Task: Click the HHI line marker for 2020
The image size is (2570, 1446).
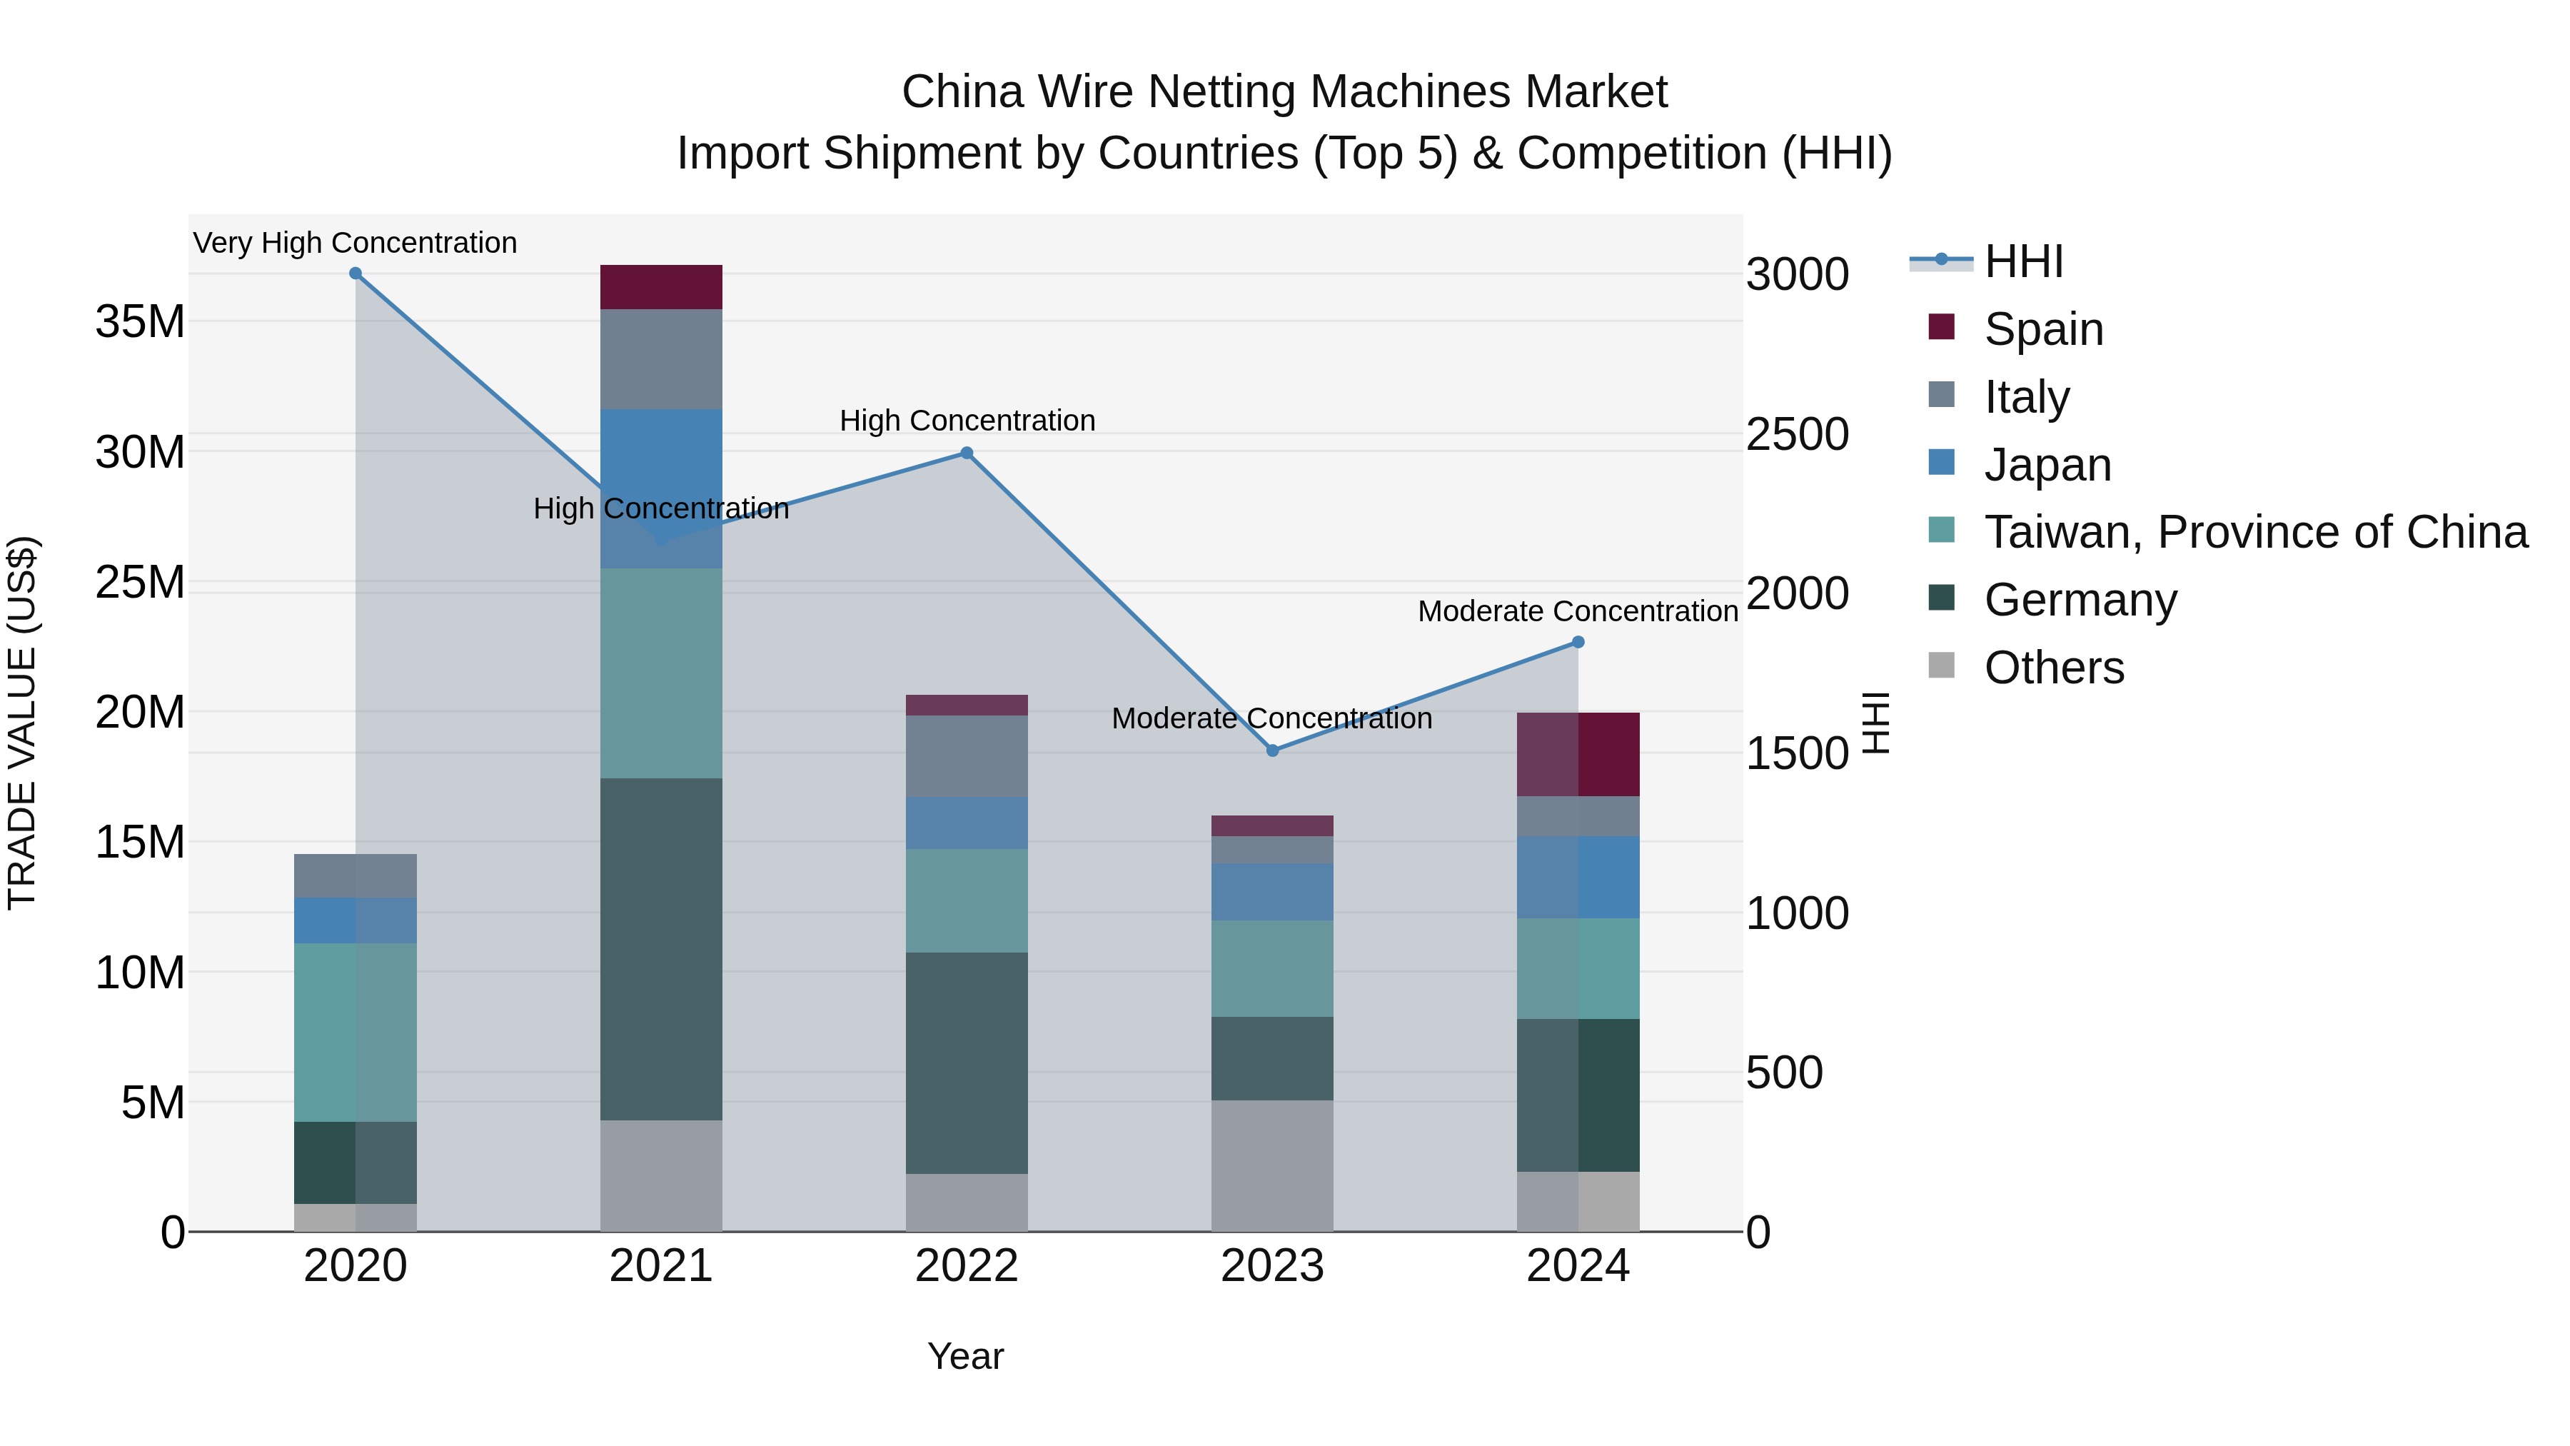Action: (x=356, y=273)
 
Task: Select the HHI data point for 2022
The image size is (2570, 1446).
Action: (x=966, y=453)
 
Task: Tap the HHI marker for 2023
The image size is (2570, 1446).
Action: (x=1272, y=750)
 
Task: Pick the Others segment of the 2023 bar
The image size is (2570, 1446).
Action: (x=1272, y=1165)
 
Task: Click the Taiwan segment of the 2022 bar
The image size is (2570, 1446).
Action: (x=966, y=900)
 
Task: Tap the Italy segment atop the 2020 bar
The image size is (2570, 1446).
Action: (x=356, y=875)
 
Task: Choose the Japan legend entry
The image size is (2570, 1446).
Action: (x=2047, y=465)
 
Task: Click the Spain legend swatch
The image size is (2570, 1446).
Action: (x=1942, y=327)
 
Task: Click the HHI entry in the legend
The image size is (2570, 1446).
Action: (x=2023, y=261)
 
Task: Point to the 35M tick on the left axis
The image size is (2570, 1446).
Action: (x=140, y=322)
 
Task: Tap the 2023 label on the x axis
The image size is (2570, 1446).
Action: (x=1272, y=1266)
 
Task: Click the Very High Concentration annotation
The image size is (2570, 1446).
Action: (x=356, y=243)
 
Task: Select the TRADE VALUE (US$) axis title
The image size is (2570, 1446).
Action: (x=22, y=723)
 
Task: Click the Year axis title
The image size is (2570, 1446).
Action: (x=964, y=1356)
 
